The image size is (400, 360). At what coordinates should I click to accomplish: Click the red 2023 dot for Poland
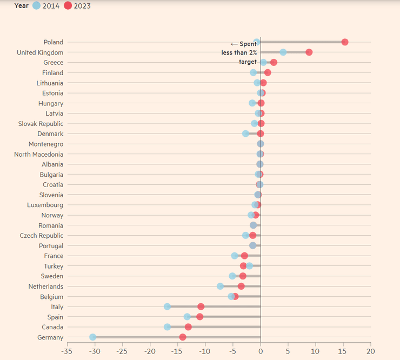(x=345, y=42)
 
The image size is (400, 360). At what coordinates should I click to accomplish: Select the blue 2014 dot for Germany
(x=92, y=337)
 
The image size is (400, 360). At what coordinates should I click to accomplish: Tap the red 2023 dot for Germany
(x=183, y=337)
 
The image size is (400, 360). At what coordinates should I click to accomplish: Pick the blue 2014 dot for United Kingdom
(x=283, y=52)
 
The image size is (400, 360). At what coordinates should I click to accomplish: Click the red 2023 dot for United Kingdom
(x=309, y=52)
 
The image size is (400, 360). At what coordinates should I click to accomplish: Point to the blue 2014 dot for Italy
(x=167, y=306)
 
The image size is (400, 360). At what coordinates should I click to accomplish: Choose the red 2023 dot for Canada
(x=188, y=327)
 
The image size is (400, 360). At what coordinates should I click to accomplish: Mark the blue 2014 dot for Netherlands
(x=220, y=286)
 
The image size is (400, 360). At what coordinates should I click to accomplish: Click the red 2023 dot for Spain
(x=200, y=317)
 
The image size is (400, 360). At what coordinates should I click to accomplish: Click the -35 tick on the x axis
(x=66, y=351)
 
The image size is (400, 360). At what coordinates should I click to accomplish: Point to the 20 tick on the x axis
(x=371, y=351)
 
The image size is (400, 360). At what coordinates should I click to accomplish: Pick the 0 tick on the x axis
(x=261, y=351)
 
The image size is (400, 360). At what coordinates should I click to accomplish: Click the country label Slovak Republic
(x=41, y=124)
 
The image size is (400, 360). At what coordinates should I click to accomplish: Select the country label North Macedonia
(x=38, y=155)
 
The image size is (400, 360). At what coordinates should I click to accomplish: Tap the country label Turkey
(x=54, y=266)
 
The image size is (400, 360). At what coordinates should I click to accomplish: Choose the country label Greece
(x=53, y=63)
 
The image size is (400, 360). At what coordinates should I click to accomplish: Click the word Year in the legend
(x=22, y=6)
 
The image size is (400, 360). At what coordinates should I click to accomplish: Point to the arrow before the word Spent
(x=234, y=44)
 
